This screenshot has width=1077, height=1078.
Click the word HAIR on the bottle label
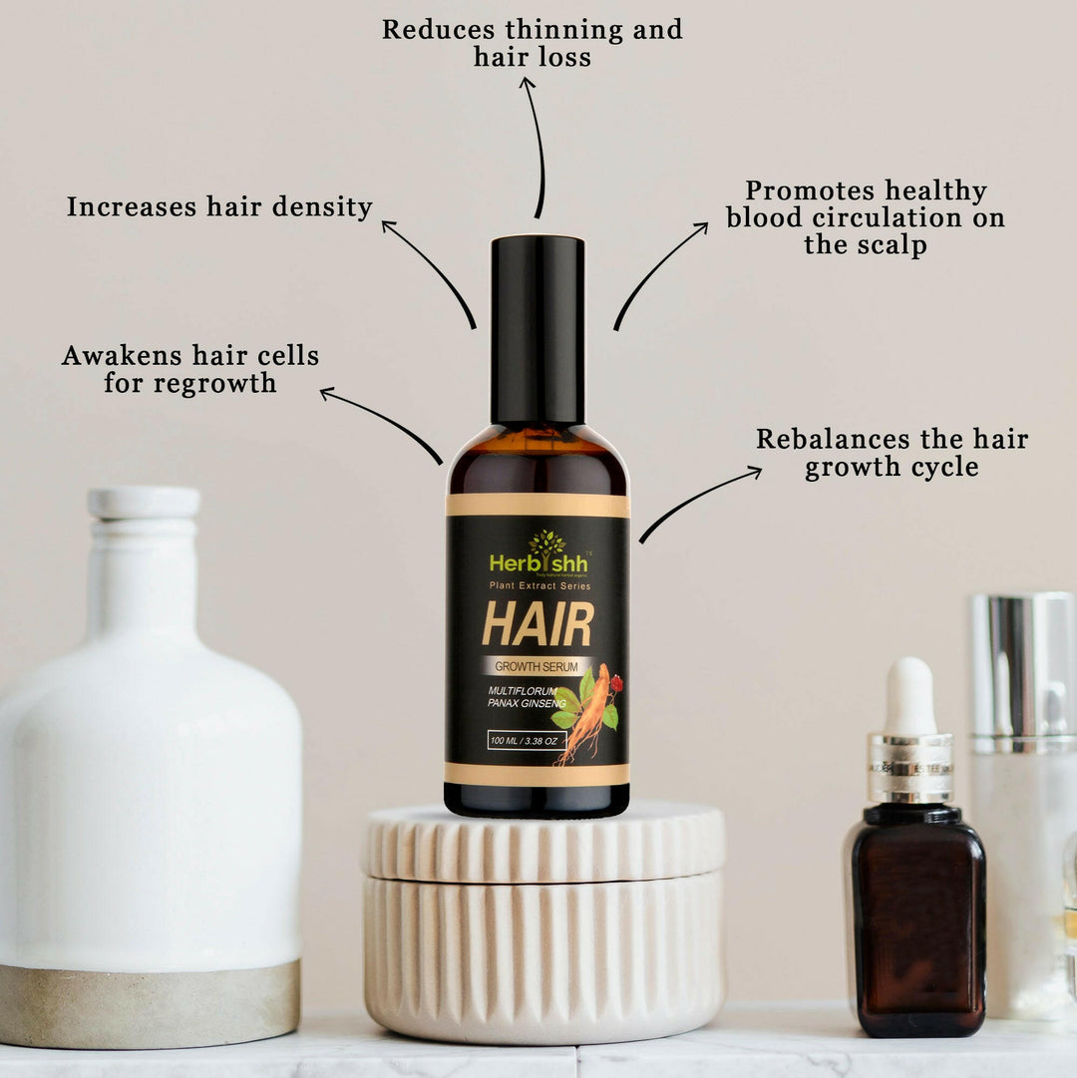coord(538,624)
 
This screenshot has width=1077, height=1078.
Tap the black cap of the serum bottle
coord(538,329)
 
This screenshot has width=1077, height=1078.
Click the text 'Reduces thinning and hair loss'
coord(533,43)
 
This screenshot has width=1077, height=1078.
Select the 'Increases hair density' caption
coord(219,207)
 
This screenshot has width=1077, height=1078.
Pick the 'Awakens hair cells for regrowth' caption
coord(190,369)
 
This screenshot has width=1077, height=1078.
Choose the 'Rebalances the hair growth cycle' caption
coord(892,453)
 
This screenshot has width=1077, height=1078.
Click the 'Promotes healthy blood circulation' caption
coord(866,217)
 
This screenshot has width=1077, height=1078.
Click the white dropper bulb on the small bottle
coord(909,697)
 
